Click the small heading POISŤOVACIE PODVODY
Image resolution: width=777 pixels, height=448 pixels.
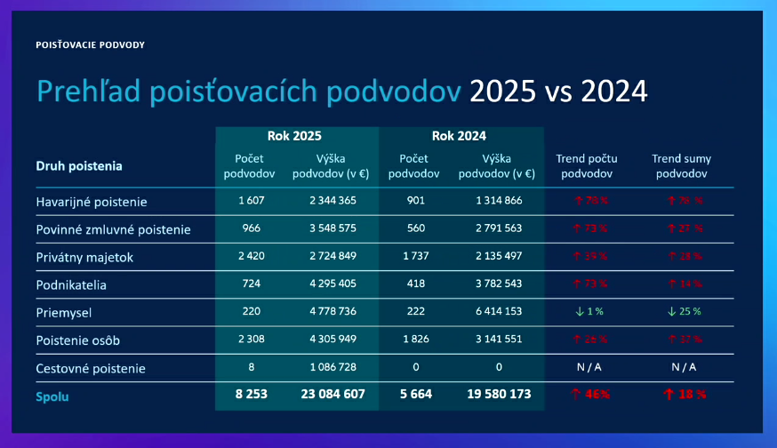tap(90, 44)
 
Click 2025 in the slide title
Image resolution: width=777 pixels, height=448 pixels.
tap(502, 92)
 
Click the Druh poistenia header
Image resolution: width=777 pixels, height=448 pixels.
tap(79, 165)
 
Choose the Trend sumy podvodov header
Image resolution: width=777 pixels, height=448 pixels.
tap(681, 166)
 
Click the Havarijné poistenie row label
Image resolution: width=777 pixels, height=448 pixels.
tap(92, 202)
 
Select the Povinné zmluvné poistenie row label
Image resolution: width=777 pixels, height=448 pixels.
tap(113, 230)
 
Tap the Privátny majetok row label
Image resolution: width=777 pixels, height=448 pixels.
tap(84, 258)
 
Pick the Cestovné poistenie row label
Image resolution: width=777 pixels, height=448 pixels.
tap(90, 368)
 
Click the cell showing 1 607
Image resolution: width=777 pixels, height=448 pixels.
tap(252, 201)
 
